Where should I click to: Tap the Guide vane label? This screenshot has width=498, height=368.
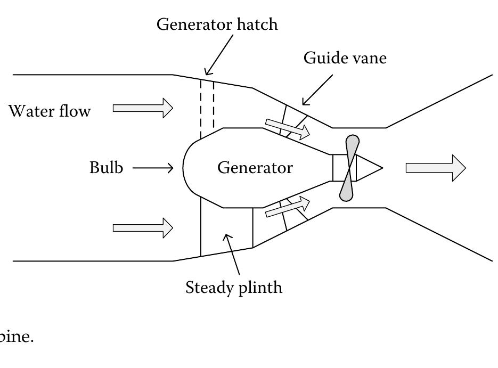[345, 59]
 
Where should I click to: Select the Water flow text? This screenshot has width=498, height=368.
[50, 111]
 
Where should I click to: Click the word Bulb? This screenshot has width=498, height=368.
[106, 168]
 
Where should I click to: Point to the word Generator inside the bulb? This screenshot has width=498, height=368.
[255, 168]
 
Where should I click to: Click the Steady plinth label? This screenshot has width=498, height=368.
[234, 288]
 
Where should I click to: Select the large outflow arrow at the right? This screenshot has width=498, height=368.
[436, 168]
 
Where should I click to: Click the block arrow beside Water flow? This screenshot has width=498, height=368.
[143, 109]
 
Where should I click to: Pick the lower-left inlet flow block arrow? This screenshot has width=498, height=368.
[143, 228]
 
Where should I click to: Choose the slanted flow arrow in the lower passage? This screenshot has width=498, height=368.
[287, 207]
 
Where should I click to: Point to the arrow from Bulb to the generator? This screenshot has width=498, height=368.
[153, 168]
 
